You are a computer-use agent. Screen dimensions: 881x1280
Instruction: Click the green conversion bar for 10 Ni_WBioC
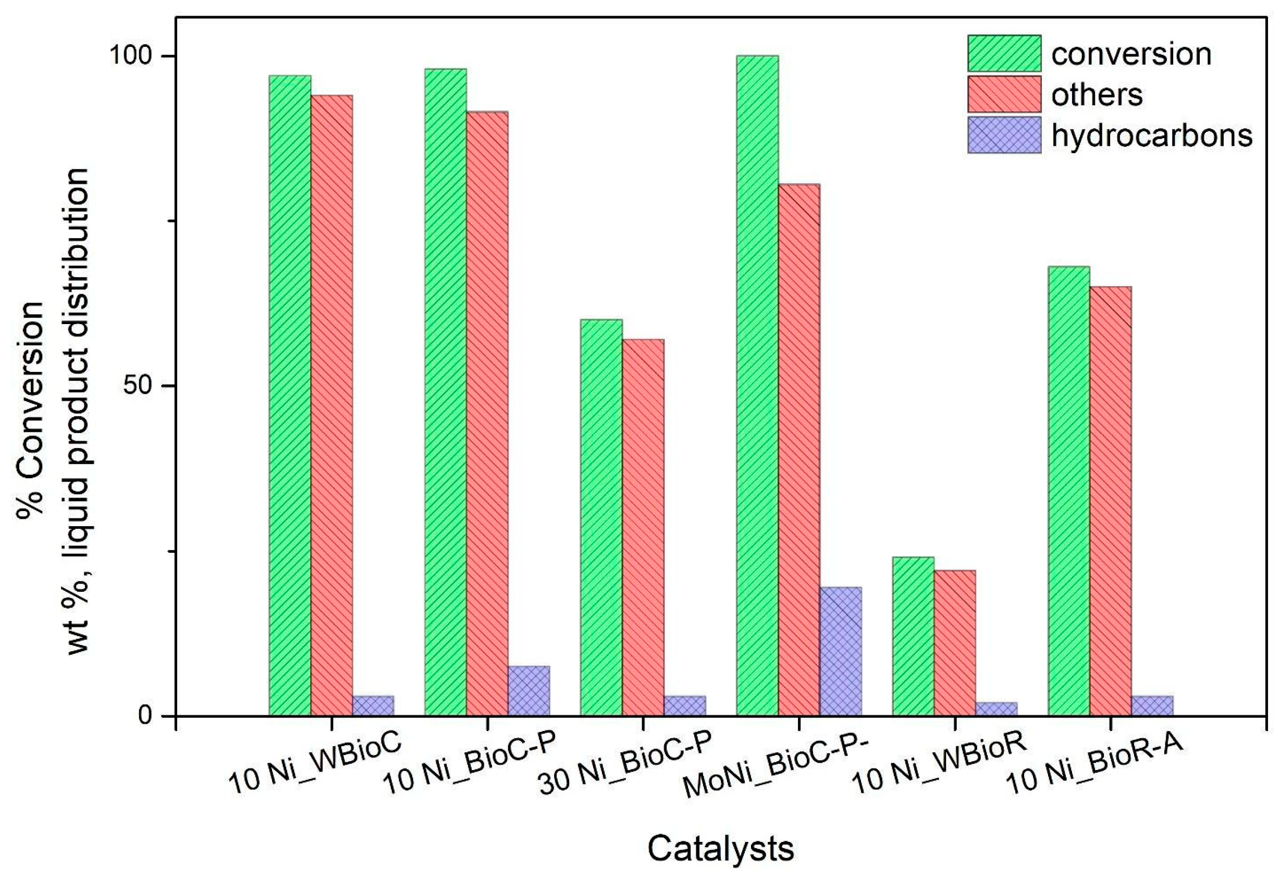coord(290,395)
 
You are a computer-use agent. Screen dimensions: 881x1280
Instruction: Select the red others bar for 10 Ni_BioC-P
coord(487,414)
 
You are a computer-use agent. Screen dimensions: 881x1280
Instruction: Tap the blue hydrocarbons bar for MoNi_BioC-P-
coord(841,651)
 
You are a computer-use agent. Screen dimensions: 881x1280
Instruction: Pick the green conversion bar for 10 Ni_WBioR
coord(913,637)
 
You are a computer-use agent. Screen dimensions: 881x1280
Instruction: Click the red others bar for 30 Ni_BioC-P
coord(643,527)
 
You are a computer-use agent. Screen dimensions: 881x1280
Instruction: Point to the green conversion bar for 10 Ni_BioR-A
coord(1069,491)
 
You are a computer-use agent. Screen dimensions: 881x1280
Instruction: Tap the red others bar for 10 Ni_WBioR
coord(955,643)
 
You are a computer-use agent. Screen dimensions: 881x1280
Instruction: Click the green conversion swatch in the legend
coord(1004,54)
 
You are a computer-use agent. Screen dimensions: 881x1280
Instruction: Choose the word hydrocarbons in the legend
coord(1152,135)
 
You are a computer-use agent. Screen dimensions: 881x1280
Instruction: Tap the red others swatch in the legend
coord(1004,94)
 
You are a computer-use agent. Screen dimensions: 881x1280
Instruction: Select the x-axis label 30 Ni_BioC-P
coord(624,768)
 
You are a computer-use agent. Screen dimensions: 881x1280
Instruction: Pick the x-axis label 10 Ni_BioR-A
coord(1094,768)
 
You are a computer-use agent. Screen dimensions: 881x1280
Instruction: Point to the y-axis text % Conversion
coord(31,408)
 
